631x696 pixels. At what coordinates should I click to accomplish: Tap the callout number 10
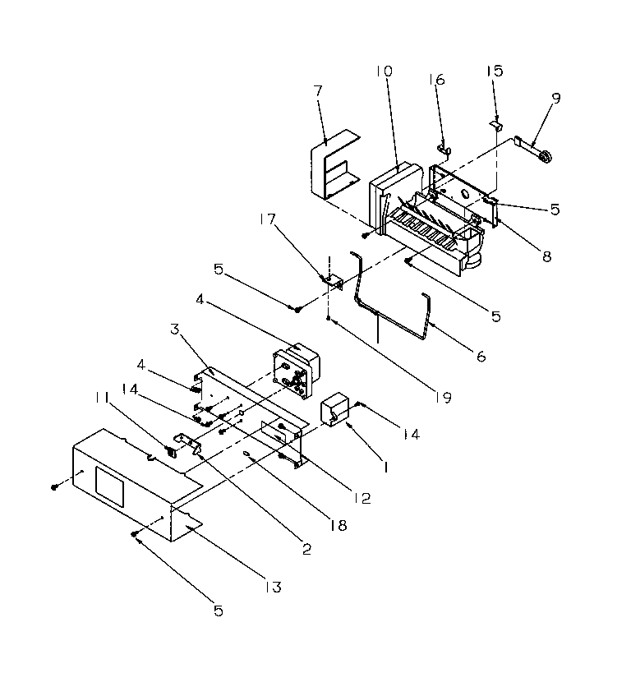pos(385,71)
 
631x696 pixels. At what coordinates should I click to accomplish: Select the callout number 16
pos(436,80)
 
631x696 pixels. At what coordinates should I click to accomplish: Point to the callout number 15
pos(494,71)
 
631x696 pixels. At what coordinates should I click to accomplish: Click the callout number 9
pos(556,99)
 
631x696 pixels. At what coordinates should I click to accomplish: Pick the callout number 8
pos(547,256)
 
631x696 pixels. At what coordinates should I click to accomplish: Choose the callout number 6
pos(481,356)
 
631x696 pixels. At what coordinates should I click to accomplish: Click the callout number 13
pos(272,587)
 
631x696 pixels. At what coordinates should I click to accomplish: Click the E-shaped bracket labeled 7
pos(331,168)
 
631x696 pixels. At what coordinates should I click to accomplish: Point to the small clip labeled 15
pos(496,124)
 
